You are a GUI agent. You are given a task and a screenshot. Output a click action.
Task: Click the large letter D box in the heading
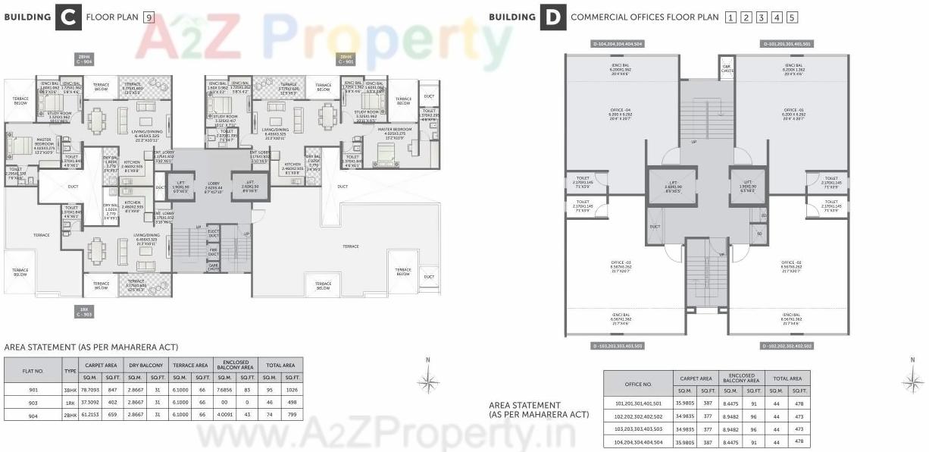[552, 17]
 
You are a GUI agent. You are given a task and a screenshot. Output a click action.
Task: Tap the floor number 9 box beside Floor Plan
[149, 17]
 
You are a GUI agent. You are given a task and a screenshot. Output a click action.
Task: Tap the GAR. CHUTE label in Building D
[727, 67]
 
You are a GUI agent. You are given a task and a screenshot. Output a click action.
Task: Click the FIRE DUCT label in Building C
[214, 250]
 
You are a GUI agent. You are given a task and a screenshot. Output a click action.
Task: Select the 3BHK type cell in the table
[70, 389]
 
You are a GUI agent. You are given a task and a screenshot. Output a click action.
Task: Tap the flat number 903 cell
[33, 402]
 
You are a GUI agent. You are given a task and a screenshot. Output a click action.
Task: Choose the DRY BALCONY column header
[145, 365]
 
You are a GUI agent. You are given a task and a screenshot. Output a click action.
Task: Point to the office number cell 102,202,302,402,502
[638, 417]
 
